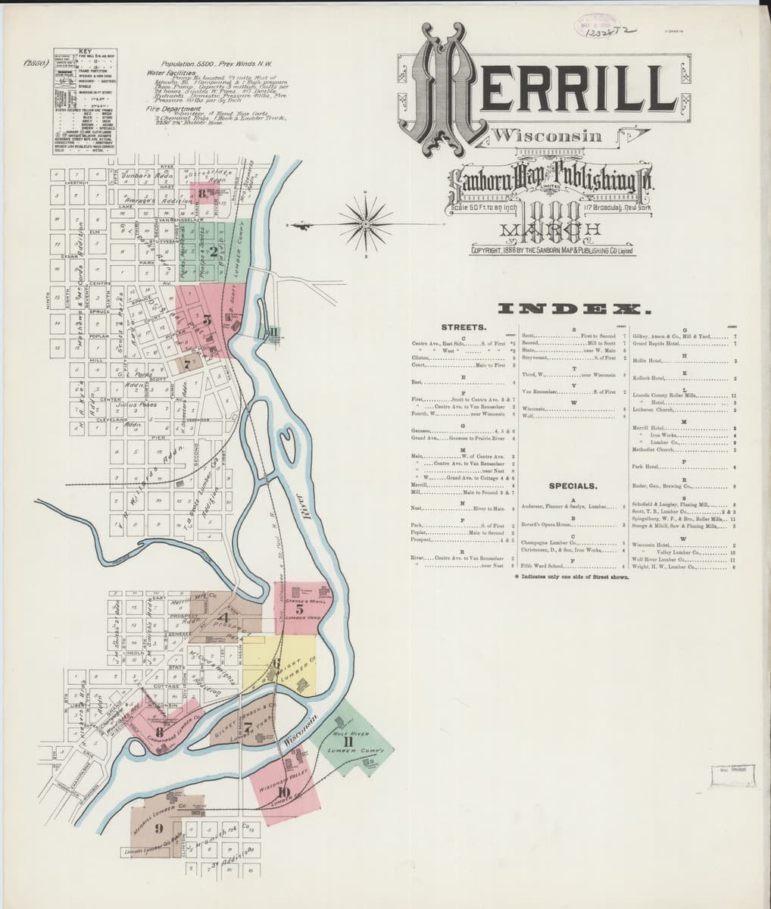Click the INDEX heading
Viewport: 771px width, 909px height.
pyautogui.click(x=573, y=309)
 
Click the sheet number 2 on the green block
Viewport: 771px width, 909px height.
pyautogui.click(x=214, y=251)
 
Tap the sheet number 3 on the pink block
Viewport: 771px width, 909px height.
pyautogui.click(x=208, y=320)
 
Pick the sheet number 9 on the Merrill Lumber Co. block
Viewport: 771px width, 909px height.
pyautogui.click(x=158, y=827)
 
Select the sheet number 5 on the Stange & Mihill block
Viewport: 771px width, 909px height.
pyautogui.click(x=299, y=608)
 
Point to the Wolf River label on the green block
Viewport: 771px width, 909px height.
pyautogui.click(x=349, y=733)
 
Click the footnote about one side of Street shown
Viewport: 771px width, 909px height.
pyautogui.click(x=571, y=576)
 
